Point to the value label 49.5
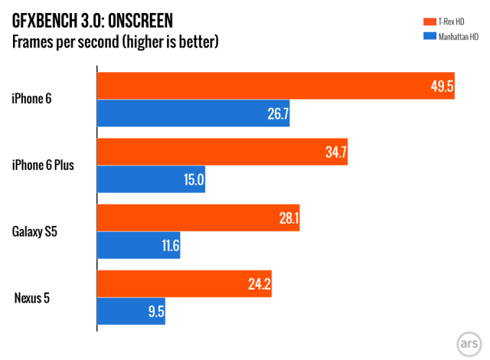coord(442,87)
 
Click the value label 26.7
coord(276,113)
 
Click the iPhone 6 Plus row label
coord(43,164)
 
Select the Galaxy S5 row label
coord(37,231)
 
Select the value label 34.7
coord(335,152)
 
